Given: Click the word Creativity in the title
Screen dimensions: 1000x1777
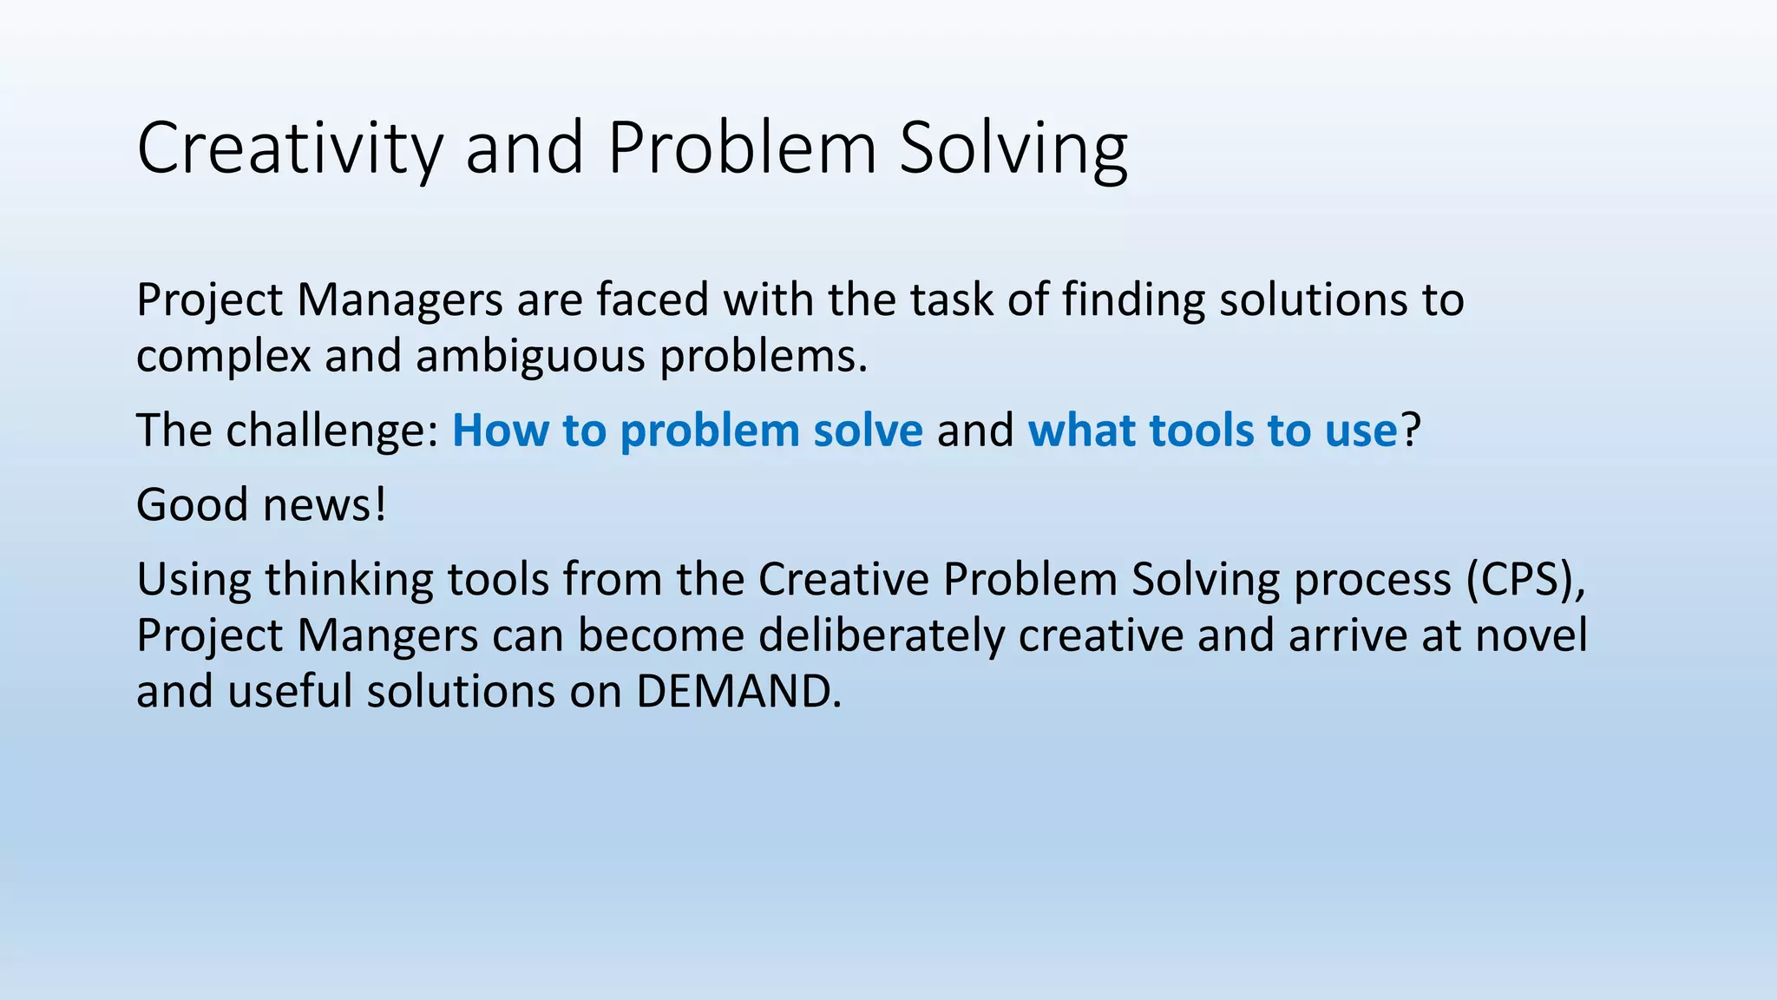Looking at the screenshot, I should tap(290, 149).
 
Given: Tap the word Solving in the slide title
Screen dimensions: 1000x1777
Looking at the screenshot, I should tap(1013, 149).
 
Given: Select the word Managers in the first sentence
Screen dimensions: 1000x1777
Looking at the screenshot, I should tap(400, 300).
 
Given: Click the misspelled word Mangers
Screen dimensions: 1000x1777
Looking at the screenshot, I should tap(388, 635).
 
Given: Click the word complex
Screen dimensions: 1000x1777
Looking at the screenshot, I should tap(223, 357).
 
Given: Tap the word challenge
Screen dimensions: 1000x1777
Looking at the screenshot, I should tap(333, 431).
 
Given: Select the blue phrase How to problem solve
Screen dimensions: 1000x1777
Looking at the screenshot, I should tap(687, 431).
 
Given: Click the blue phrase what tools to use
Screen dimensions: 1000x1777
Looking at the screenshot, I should tap(1212, 431).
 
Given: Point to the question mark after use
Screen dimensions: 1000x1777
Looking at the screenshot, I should tap(1411, 431).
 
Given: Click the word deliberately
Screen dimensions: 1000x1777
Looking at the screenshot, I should tap(881, 635).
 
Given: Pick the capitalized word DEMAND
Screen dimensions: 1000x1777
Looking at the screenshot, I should tap(738, 692).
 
